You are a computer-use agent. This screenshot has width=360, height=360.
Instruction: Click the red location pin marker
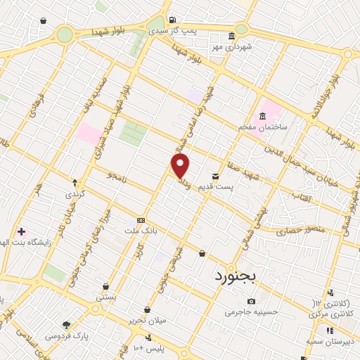point(181,166)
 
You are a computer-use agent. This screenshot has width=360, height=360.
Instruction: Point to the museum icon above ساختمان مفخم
point(262,116)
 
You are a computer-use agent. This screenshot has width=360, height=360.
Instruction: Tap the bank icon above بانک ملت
point(141,219)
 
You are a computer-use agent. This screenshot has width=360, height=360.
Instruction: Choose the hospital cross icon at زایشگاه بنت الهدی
point(21,231)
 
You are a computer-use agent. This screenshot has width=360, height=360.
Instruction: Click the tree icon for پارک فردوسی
point(67,325)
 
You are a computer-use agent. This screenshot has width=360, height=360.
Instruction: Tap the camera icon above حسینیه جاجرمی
point(251,302)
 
